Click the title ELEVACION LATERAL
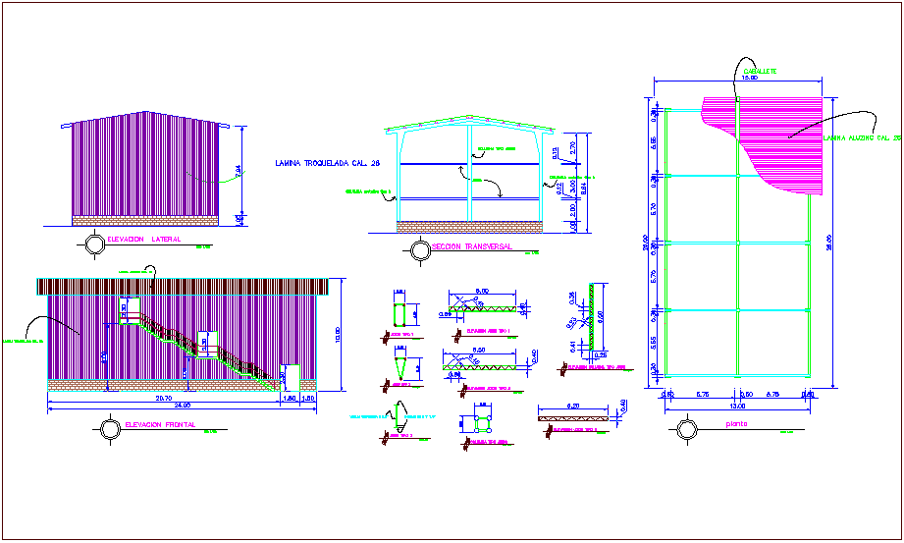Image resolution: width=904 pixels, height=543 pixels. click(x=142, y=240)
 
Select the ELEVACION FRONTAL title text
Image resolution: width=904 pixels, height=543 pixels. click(x=160, y=425)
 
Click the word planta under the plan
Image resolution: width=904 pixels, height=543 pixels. click(x=736, y=425)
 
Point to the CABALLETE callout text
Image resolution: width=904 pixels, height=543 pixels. click(x=758, y=72)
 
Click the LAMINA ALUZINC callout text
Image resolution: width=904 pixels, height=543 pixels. click(x=861, y=138)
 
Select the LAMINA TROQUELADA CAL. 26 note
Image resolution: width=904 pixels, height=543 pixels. click(x=327, y=163)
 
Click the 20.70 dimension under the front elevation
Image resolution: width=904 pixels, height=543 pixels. click(x=163, y=399)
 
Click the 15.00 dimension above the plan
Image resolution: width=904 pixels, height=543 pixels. click(x=751, y=79)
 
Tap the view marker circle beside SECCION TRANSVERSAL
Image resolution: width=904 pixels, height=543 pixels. click(x=419, y=250)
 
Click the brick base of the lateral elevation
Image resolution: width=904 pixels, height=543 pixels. click(x=144, y=216)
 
